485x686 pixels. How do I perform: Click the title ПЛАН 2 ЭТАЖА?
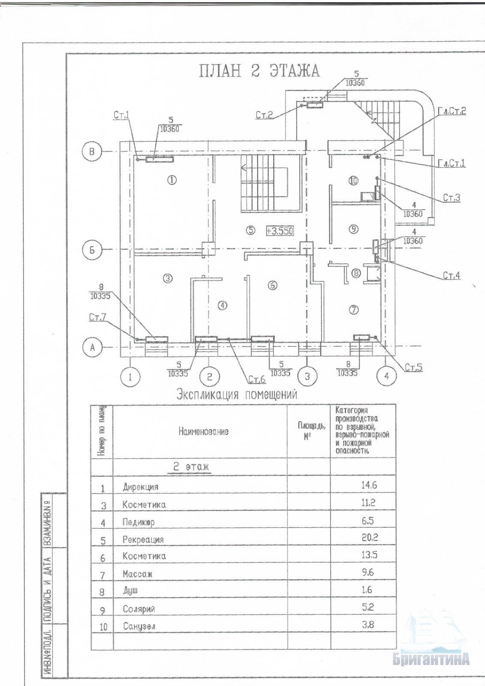[259, 71]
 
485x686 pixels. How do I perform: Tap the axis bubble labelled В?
[92, 151]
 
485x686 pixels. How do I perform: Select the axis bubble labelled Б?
[92, 250]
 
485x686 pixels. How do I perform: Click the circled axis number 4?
[387, 376]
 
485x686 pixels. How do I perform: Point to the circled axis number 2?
[209, 377]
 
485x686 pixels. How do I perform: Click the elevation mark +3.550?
[280, 231]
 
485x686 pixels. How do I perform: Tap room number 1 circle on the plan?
[172, 180]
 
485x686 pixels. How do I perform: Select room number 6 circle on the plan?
[273, 285]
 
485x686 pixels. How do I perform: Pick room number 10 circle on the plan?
[353, 181]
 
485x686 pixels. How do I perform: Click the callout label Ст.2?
[265, 115]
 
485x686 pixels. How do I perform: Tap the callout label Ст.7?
[98, 318]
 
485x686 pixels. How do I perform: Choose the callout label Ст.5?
[414, 367]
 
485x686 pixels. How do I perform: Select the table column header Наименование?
[203, 431]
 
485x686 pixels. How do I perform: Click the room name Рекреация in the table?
[143, 539]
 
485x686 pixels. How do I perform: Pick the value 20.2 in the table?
[370, 537]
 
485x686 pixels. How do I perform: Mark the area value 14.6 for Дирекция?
[369, 485]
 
